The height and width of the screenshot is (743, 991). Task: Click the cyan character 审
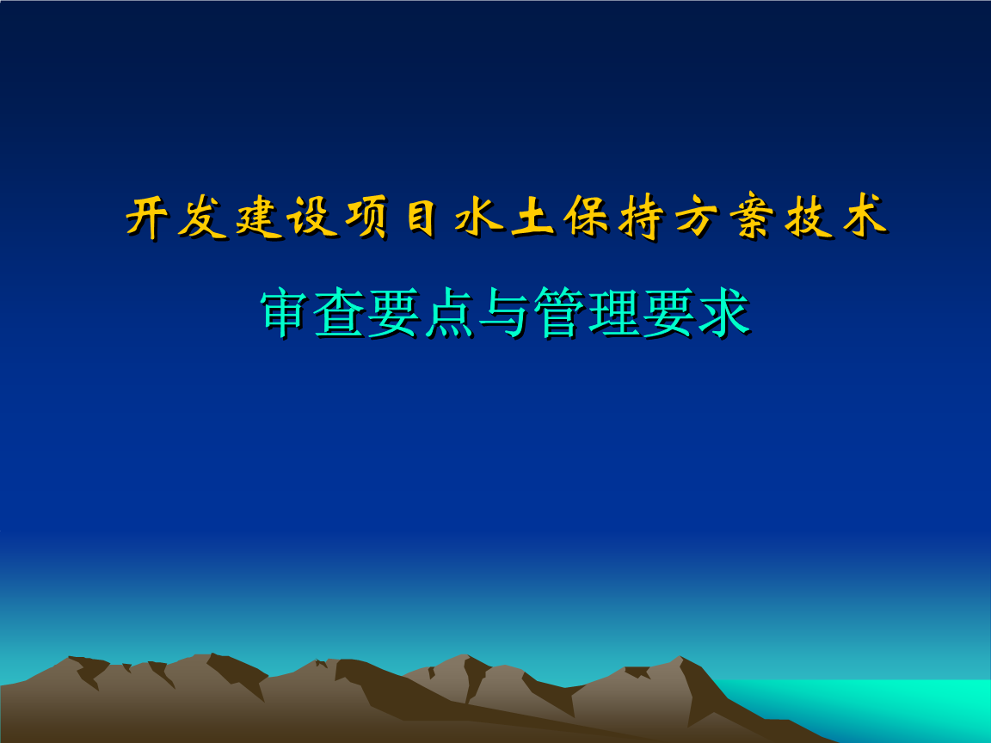(x=287, y=313)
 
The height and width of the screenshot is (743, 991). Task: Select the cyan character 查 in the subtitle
(x=342, y=313)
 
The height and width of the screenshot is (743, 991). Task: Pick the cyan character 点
(x=451, y=313)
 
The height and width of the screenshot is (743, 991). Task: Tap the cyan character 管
(x=560, y=313)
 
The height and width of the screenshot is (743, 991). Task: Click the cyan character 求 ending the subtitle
(x=724, y=313)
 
